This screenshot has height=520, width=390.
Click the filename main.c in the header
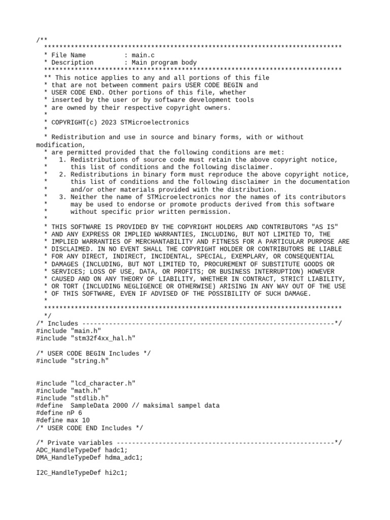coord(143,55)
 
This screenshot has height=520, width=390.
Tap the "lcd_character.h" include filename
coord(102,383)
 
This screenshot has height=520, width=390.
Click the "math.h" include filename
coord(83,391)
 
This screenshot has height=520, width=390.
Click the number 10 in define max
coord(85,420)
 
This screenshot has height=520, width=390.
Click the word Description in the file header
coord(72,62)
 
